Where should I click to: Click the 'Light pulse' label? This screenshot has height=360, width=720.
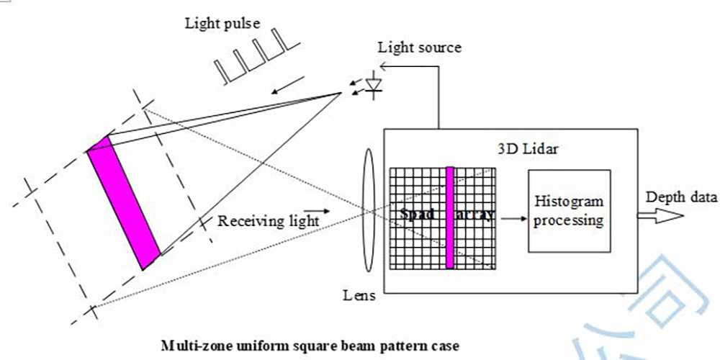(222, 24)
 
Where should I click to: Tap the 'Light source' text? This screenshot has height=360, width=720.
(420, 48)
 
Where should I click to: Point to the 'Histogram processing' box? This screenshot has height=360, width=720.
(569, 211)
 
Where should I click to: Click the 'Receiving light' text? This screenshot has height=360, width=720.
(268, 221)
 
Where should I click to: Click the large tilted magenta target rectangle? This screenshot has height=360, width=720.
(123, 202)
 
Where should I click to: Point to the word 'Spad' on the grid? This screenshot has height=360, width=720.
(416, 215)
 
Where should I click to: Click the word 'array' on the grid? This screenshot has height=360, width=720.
(475, 215)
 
